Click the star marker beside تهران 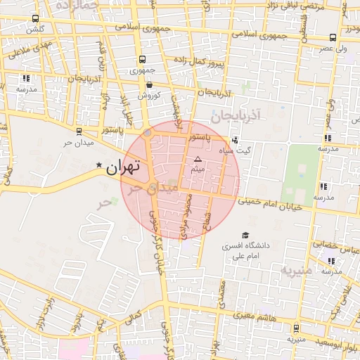(x=99, y=166)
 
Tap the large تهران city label (x=123, y=167)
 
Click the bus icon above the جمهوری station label (x=143, y=60)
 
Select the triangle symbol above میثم (x=198, y=160)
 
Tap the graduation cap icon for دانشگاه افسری (x=245, y=235)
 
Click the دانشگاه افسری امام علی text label (x=245, y=252)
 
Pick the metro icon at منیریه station (x=296, y=328)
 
